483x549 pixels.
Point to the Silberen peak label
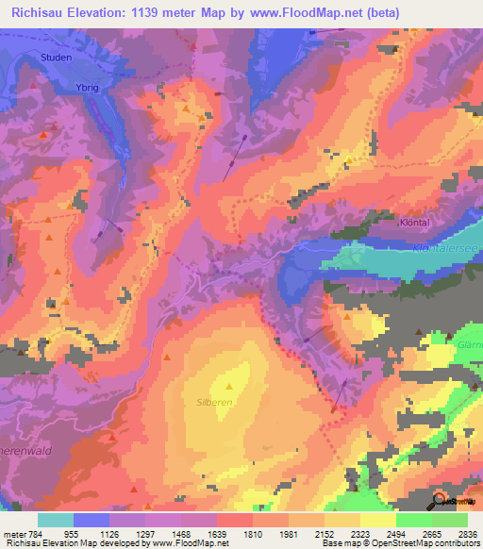tap(229, 401)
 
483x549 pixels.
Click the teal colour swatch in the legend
tap(56, 520)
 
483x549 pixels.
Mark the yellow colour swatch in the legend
tap(378, 520)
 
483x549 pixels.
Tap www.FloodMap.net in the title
tap(300, 13)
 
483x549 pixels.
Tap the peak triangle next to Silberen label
tap(229, 386)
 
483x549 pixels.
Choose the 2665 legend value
tap(418, 533)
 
